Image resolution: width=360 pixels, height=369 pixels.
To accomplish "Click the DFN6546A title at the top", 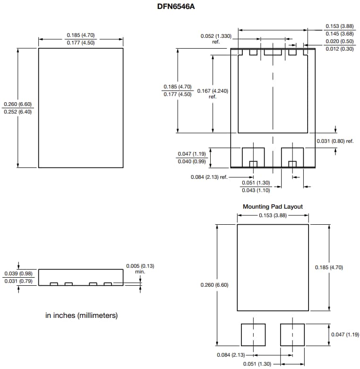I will pyautogui.click(x=180, y=7).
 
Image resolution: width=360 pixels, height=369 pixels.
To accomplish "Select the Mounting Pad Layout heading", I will pyautogui.click(x=273, y=207).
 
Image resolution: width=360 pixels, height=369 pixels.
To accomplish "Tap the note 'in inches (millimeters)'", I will pyautogui.click(x=81, y=315).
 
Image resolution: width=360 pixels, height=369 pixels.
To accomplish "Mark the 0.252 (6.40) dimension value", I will pyautogui.click(x=17, y=112).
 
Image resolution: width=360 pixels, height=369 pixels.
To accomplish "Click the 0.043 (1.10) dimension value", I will pyautogui.click(x=256, y=190).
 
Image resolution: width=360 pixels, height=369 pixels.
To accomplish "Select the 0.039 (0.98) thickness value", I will pyautogui.click(x=18, y=274).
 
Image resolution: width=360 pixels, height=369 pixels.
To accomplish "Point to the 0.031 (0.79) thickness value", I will pyautogui.click(x=18, y=281).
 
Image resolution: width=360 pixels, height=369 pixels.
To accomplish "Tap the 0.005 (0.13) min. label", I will pyautogui.click(x=140, y=268).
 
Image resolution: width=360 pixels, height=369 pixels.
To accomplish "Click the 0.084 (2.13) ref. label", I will pyautogui.click(x=209, y=177).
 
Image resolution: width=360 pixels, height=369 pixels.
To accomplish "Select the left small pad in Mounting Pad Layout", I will pyautogui.click(x=253, y=335).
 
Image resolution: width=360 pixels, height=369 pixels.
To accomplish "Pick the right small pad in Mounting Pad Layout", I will pyautogui.click(x=292, y=335).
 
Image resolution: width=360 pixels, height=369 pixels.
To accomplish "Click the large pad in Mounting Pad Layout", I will pyautogui.click(x=273, y=267).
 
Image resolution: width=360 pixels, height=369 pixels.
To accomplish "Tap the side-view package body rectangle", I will pyautogui.click(x=80, y=276).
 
